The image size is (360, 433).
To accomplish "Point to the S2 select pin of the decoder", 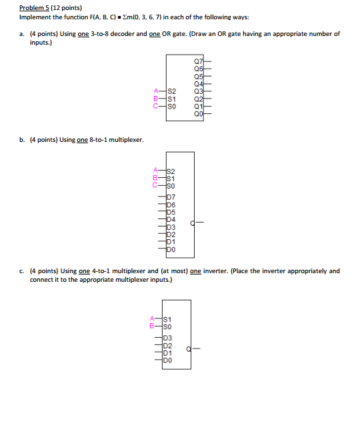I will [171, 91].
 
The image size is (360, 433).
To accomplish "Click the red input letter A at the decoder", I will [156, 91].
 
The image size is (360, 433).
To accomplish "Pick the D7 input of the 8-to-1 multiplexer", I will [171, 197].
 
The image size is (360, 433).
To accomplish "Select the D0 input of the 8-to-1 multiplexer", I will [171, 248].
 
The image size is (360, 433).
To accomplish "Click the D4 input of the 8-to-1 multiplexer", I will [171, 219].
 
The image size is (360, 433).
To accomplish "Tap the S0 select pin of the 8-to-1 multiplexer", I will [171, 186].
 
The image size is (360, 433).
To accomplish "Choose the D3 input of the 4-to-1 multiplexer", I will [167, 338].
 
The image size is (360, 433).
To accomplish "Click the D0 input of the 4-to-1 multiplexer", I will [167, 360].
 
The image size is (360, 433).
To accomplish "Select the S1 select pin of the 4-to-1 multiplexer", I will [167, 320].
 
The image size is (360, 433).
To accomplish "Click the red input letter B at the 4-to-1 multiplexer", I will [153, 327].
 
